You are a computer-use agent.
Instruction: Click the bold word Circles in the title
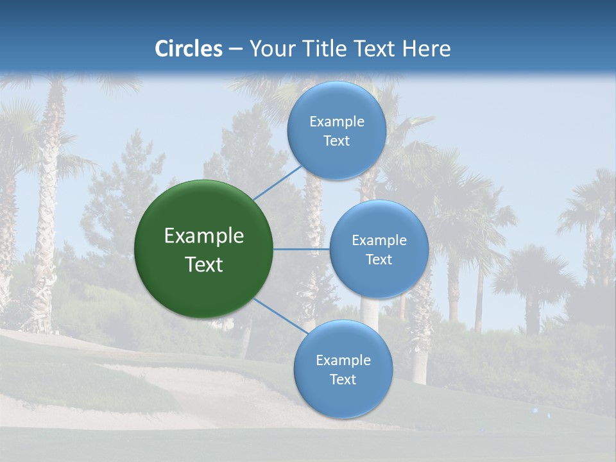pos(188,49)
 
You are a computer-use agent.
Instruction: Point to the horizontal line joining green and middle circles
pos(302,249)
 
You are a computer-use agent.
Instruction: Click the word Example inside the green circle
pos(204,236)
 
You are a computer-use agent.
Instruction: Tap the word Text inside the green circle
pos(204,264)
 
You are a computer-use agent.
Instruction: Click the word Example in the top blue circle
pos(337,122)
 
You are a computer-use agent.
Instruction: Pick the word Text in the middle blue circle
pos(379,260)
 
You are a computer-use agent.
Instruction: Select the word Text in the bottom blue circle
pos(343,380)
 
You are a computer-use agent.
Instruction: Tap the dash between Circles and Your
pos(235,49)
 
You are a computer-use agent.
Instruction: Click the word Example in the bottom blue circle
pos(343,361)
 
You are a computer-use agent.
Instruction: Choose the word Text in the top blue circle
pos(336,141)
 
